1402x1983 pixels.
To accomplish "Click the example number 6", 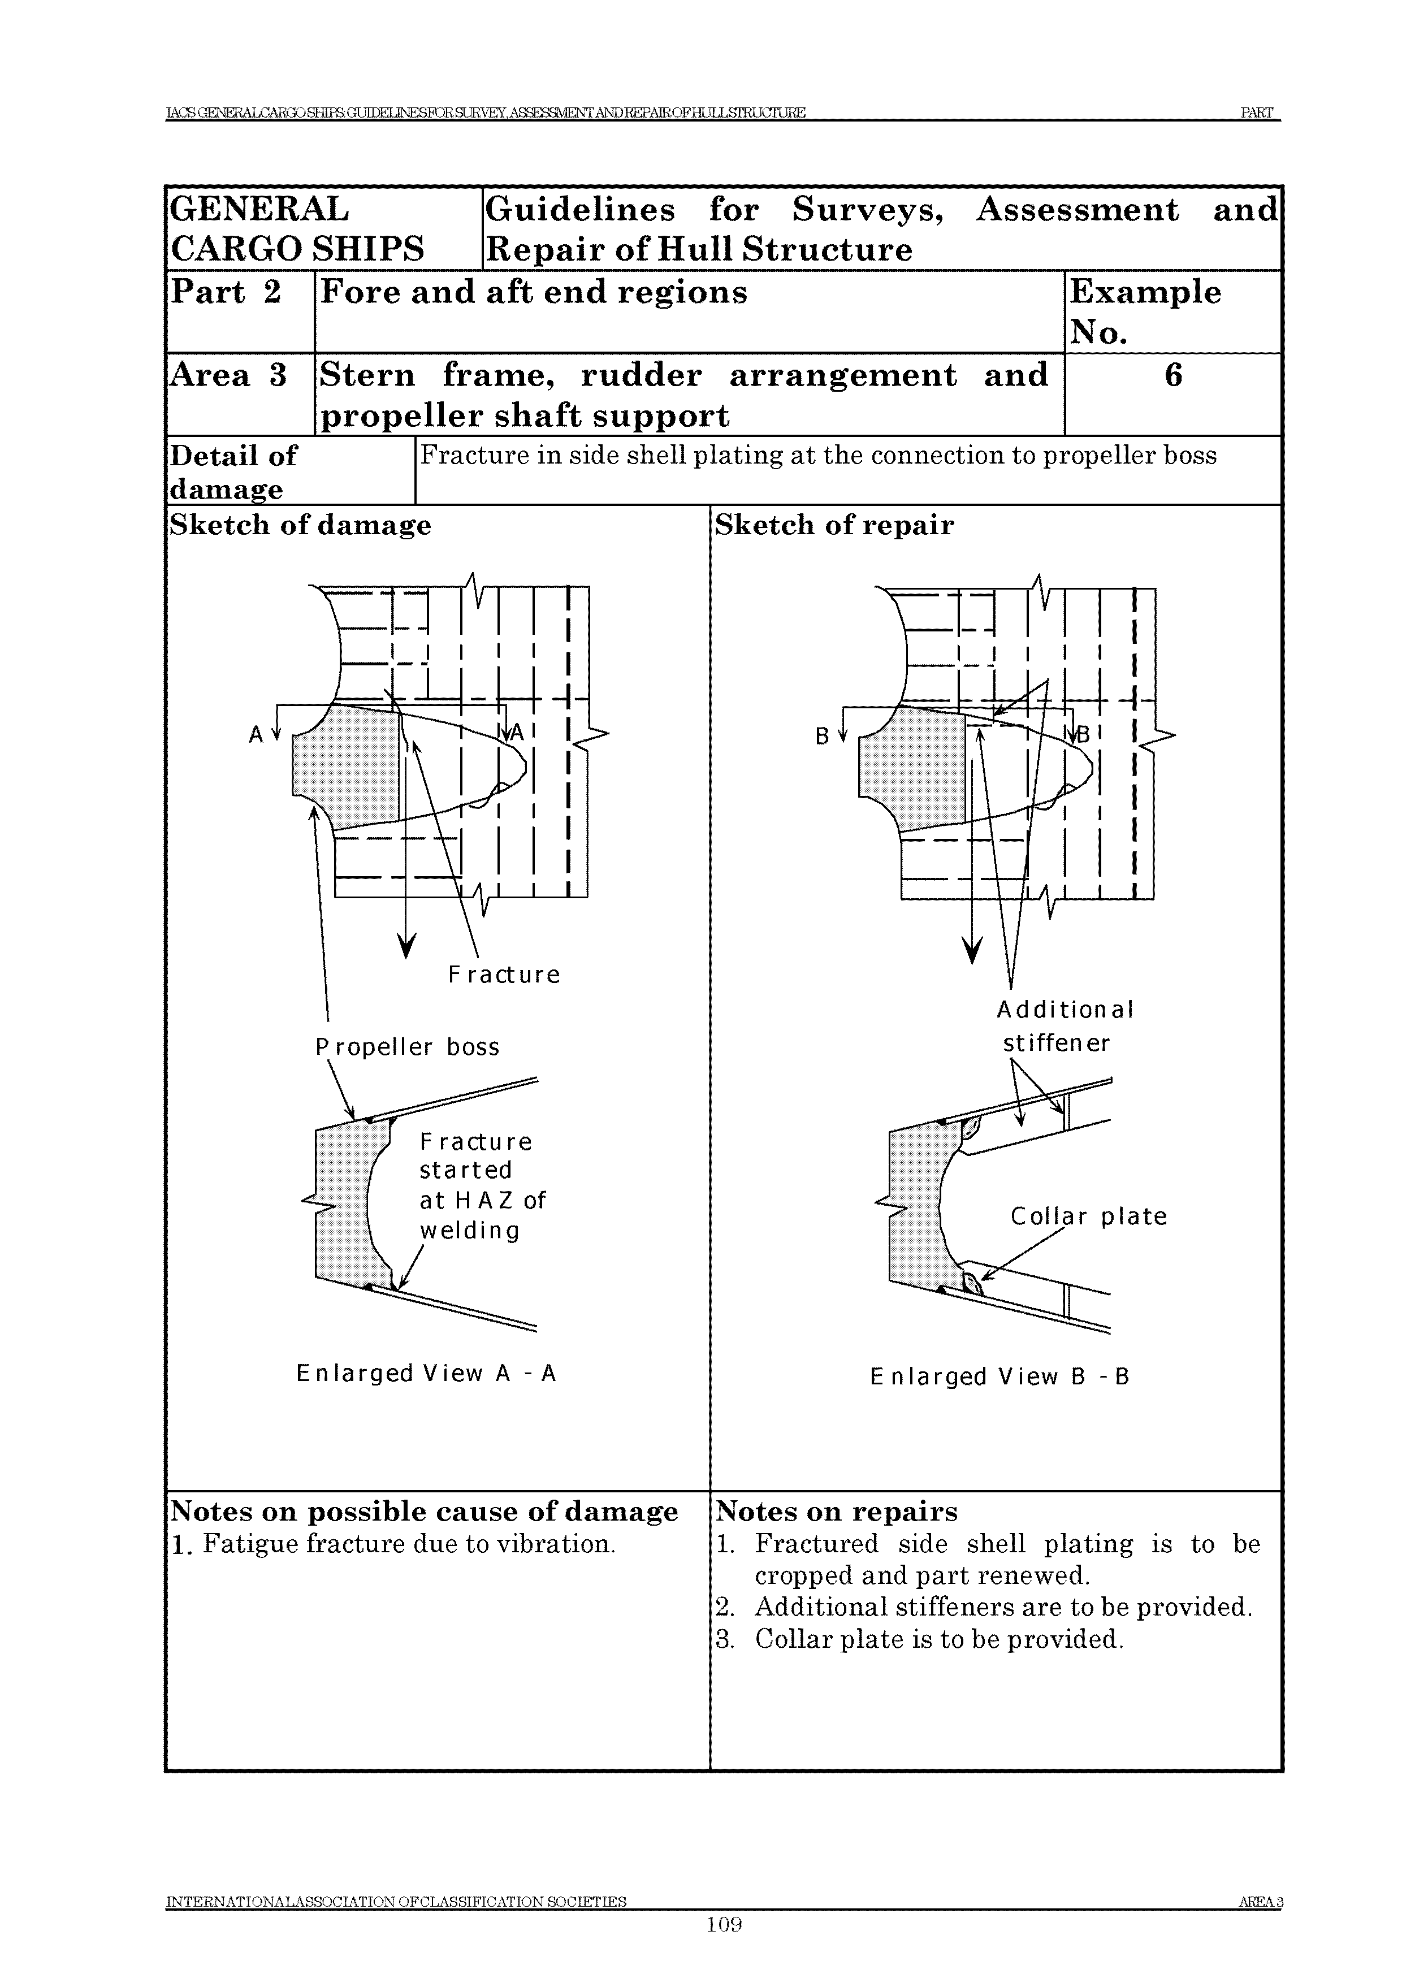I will coord(1172,376).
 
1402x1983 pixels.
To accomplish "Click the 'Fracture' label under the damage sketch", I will coord(504,975).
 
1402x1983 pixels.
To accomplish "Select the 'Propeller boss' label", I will coord(407,1047).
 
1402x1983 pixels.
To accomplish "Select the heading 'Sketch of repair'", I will coord(834,525).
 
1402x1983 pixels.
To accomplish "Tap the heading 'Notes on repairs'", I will coord(836,1512).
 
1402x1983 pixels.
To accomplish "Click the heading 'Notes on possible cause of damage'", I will coord(424,1512).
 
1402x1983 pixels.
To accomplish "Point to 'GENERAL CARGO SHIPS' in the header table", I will coord(297,229).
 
